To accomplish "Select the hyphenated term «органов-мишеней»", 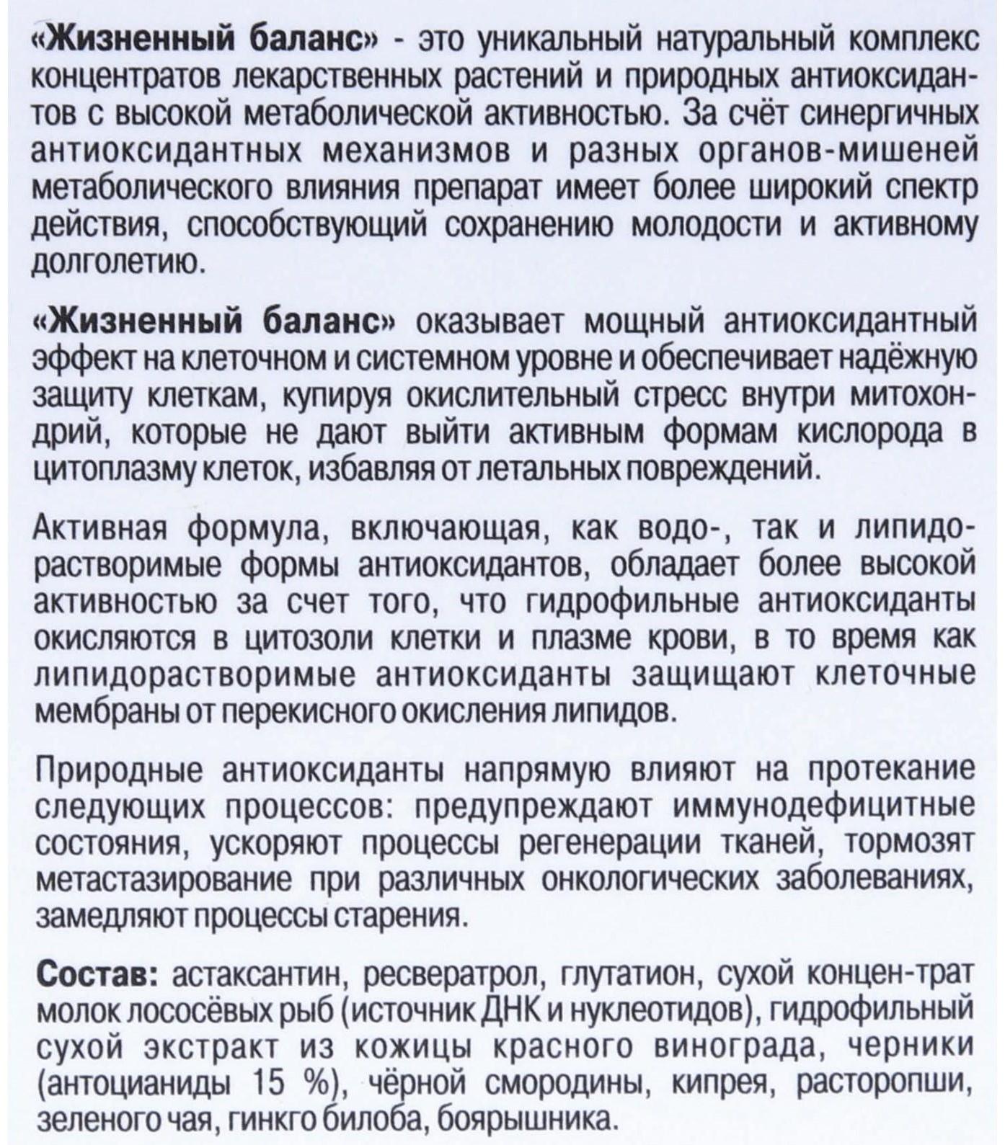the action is point(851,152).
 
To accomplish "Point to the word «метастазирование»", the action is point(166,879).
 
